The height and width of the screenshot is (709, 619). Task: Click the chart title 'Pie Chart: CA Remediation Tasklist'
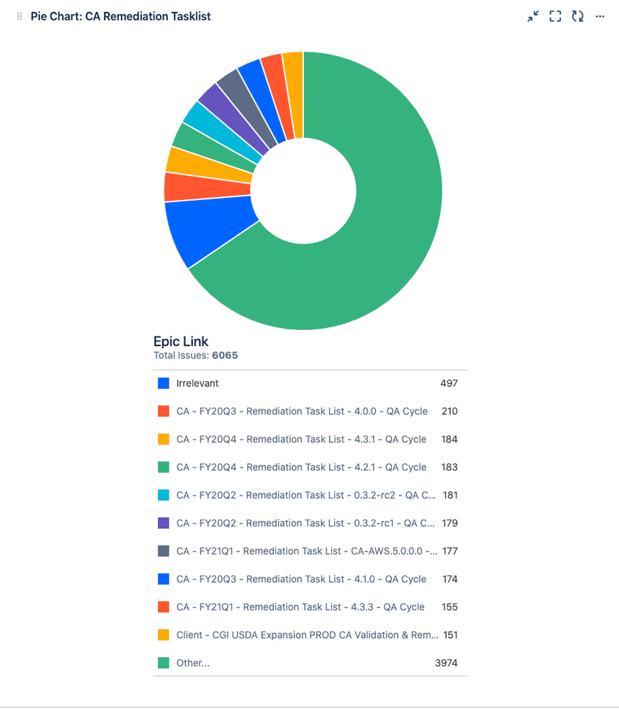click(x=121, y=16)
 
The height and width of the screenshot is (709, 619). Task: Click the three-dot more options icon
click(x=600, y=16)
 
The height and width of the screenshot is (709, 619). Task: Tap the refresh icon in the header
click(x=578, y=16)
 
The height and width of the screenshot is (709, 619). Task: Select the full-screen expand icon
click(x=555, y=16)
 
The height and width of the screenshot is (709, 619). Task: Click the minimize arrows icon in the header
click(x=533, y=16)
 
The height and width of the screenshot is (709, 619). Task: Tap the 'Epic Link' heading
click(x=181, y=341)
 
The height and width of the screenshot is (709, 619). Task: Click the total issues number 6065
click(x=225, y=356)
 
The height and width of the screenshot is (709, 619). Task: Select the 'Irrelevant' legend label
click(x=197, y=383)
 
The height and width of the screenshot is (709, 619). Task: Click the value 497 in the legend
click(x=449, y=383)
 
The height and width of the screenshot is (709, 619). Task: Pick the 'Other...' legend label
click(x=193, y=663)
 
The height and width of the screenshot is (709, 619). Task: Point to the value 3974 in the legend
click(x=446, y=663)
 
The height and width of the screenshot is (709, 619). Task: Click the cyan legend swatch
click(x=164, y=495)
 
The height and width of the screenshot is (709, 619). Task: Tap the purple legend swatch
click(x=164, y=523)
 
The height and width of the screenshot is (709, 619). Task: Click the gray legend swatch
click(x=164, y=551)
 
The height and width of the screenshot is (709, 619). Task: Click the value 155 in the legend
click(x=449, y=607)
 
